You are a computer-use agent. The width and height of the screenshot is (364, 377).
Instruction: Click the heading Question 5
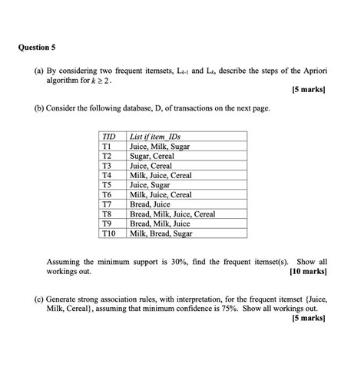coord(36,47)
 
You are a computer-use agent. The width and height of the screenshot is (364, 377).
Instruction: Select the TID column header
coord(108,136)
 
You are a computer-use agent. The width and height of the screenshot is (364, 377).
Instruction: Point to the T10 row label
coord(108,233)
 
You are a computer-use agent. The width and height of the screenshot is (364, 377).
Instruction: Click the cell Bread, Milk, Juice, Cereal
coord(172,213)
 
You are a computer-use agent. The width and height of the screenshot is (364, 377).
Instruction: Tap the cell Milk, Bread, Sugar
coord(162,233)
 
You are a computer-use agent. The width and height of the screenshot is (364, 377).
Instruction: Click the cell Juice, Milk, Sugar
coord(160,146)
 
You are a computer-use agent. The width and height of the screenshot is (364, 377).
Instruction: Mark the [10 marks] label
coord(308,271)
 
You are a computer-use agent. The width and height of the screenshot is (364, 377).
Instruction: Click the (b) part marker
coord(38,110)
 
